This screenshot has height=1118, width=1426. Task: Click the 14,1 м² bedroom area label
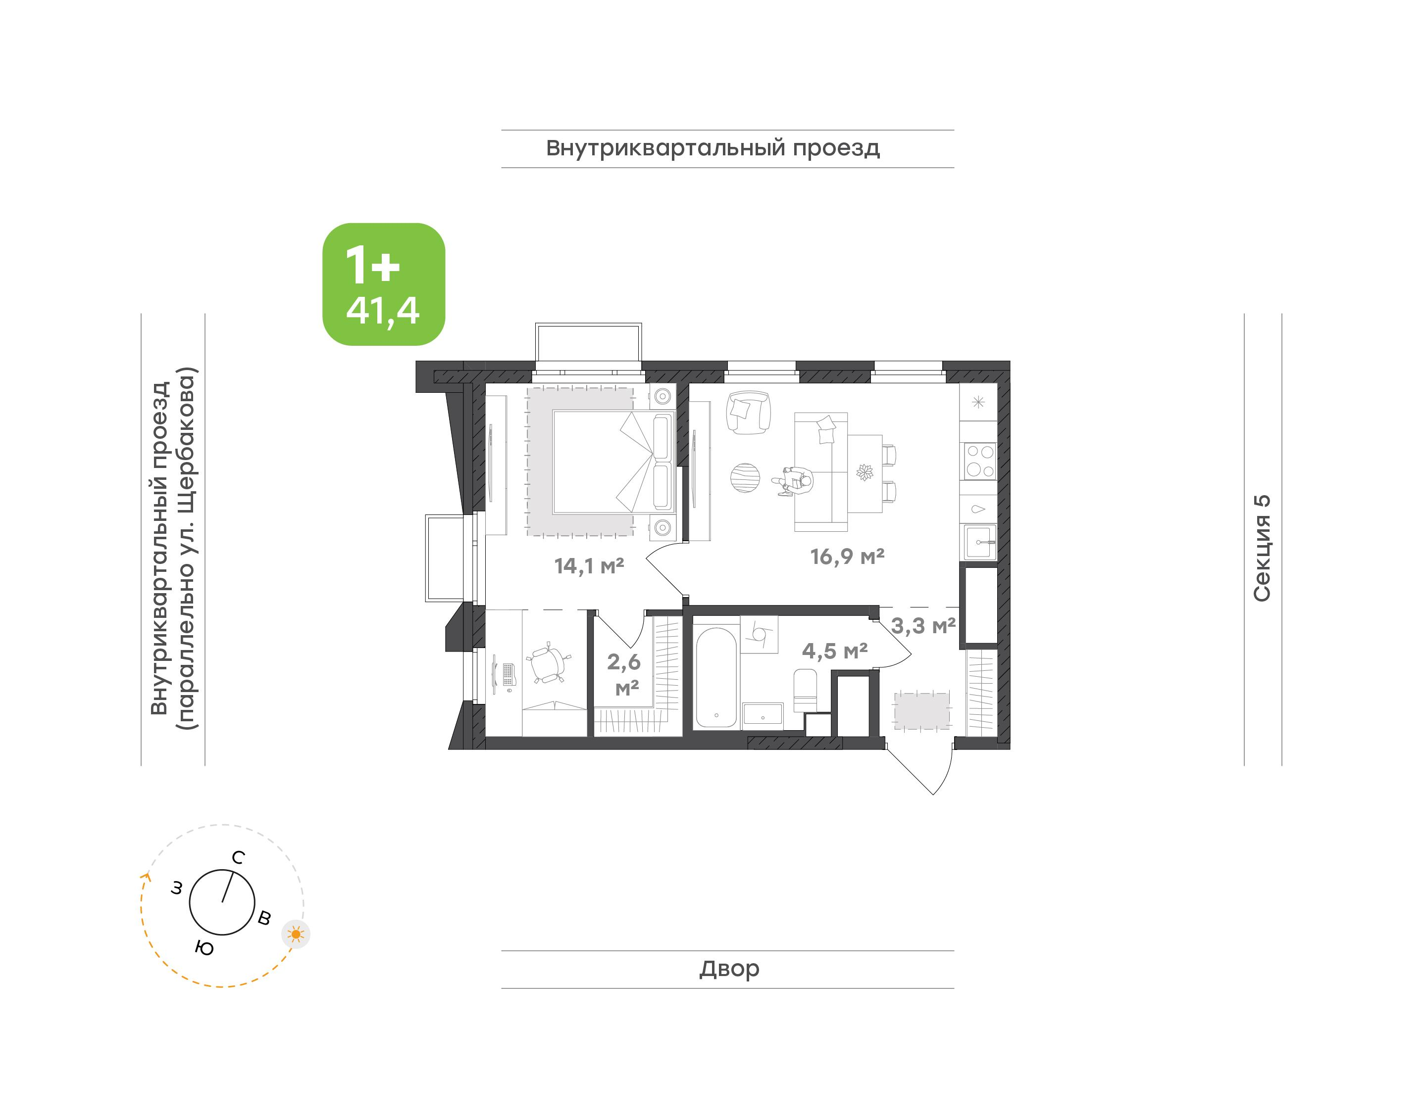click(x=589, y=565)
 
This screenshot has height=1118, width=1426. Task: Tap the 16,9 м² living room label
click(x=847, y=557)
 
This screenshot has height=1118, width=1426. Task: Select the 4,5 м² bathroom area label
click(x=834, y=651)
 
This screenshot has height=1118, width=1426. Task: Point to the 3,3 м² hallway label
click(x=923, y=626)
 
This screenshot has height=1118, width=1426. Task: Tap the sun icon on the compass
click(x=296, y=934)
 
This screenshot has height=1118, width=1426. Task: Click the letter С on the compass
click(x=239, y=857)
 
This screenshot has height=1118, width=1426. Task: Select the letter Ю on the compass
click(x=204, y=948)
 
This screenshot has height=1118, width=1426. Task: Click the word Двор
click(x=729, y=968)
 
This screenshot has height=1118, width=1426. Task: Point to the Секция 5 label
click(x=1262, y=549)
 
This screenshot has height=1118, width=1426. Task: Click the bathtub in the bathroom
click(x=716, y=677)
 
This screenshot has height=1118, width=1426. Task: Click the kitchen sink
click(x=980, y=542)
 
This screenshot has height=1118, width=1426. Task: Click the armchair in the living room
click(x=748, y=413)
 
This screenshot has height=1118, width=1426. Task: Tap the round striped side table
click(x=745, y=477)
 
